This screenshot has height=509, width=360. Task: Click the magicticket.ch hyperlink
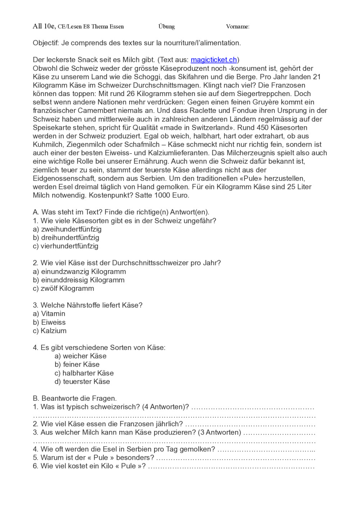coord(213,60)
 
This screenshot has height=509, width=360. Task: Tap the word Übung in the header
coord(166,26)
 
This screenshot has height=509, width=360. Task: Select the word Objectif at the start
coord(46,43)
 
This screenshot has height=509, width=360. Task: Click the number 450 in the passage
coord(262,128)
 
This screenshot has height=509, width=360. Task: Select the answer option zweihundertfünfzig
coord(71,229)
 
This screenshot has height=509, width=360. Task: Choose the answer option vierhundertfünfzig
coord(69,246)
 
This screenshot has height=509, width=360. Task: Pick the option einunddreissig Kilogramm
coord(83,280)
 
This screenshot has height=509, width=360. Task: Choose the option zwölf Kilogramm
coord(67,288)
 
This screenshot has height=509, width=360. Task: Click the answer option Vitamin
coord(53,314)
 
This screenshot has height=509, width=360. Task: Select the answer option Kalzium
coord(53,331)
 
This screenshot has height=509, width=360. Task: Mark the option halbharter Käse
coord(88,373)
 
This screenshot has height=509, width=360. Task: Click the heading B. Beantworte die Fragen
coord(75,399)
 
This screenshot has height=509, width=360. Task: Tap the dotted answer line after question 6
coord(231,467)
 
